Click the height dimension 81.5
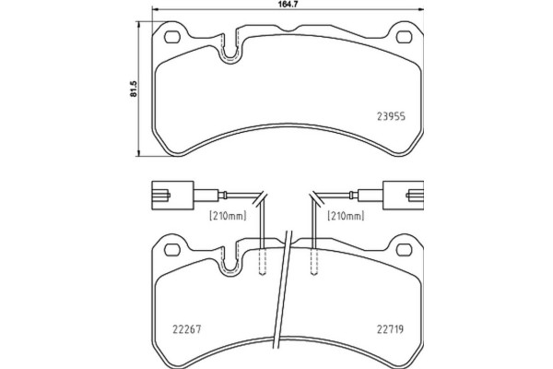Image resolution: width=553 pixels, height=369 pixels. coord(135,89)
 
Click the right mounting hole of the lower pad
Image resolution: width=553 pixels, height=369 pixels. coord(402,247)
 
